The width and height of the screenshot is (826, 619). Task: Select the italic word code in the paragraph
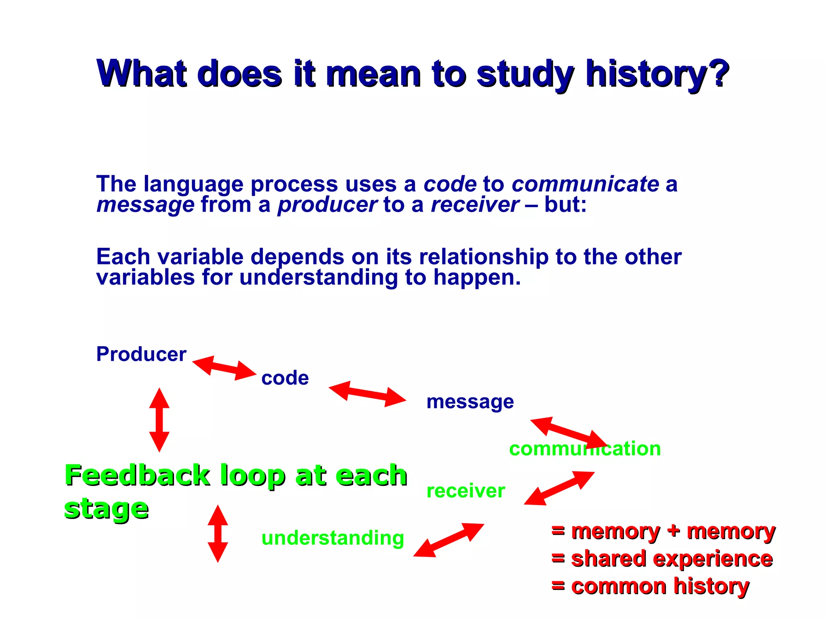click(450, 185)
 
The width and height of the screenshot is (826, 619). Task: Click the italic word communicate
click(585, 185)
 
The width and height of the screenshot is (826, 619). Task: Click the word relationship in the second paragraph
click(484, 257)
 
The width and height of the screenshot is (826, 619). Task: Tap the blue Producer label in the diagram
click(141, 355)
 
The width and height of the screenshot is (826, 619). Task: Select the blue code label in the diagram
click(285, 378)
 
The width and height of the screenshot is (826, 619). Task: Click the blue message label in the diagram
click(470, 402)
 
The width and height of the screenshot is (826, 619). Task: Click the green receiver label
click(465, 491)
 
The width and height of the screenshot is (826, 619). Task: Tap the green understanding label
click(332, 538)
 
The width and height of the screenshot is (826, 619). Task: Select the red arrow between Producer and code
click(224, 368)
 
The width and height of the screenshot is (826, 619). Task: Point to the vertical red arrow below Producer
click(159, 420)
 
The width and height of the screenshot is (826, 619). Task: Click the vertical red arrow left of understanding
click(218, 533)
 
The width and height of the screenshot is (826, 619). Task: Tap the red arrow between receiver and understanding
click(448, 540)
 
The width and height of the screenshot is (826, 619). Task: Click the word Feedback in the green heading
click(137, 476)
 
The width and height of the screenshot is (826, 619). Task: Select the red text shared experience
click(671, 559)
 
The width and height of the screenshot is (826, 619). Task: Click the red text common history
click(660, 586)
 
